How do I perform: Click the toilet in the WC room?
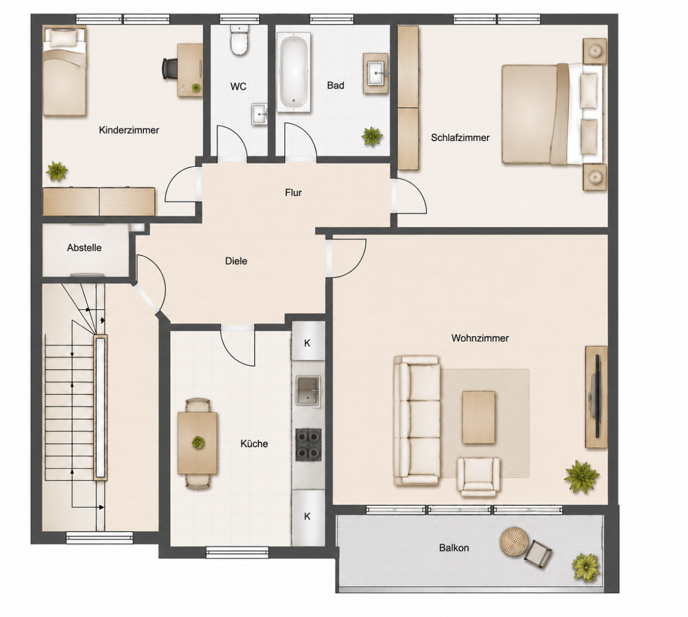pos(239,41)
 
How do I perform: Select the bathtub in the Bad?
pos(294,72)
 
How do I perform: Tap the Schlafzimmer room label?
pos(460,138)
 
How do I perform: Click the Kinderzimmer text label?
pos(129,130)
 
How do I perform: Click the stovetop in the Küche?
pos(309,445)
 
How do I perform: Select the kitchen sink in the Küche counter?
pos(309,391)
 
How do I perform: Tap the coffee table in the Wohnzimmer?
pos(478,417)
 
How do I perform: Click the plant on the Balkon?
pos(585,567)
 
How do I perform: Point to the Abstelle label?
pos(84,248)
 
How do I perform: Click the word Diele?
pos(236,261)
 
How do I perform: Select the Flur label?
pos(293,193)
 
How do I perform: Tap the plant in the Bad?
pos(372,137)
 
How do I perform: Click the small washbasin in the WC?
pos(260,114)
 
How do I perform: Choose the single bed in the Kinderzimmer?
pos(65,71)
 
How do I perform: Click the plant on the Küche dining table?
pos(198,442)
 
